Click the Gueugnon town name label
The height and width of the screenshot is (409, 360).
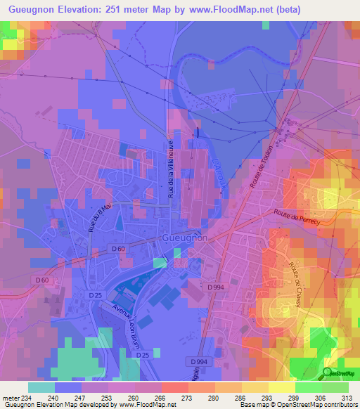click(184, 238)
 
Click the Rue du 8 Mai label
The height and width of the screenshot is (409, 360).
click(100, 218)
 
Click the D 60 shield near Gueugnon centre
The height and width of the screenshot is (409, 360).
click(118, 249)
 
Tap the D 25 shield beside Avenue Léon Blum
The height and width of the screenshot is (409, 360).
click(95, 295)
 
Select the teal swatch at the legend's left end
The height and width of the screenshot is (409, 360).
click(41, 387)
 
